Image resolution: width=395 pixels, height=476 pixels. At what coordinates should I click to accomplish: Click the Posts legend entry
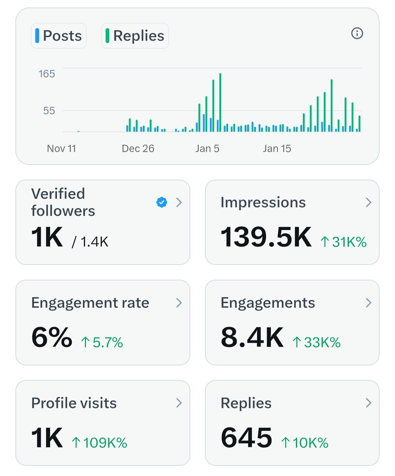click(59, 36)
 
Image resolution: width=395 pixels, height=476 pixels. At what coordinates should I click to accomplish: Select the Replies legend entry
click(135, 36)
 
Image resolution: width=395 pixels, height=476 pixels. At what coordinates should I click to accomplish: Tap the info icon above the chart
click(357, 34)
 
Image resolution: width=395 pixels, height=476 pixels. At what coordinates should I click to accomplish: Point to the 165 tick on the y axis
click(47, 74)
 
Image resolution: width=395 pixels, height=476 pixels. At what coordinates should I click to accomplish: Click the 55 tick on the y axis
click(49, 110)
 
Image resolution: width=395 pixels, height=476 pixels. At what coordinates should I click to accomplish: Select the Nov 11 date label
click(61, 148)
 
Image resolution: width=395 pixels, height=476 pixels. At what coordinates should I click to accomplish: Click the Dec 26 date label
click(138, 148)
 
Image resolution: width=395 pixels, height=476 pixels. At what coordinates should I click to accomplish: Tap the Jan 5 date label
click(207, 148)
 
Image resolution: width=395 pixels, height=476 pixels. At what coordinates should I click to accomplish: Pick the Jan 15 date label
click(277, 148)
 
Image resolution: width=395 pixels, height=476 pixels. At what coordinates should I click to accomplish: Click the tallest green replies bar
click(220, 102)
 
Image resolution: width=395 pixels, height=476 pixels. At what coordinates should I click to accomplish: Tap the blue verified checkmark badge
click(161, 203)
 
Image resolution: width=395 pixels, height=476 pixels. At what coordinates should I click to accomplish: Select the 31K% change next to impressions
click(343, 242)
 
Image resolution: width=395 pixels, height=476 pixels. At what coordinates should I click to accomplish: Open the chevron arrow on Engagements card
click(368, 303)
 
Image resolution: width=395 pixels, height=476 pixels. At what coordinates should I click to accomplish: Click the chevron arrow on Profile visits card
click(179, 403)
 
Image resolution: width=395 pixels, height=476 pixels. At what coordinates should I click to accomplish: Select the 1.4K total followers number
click(94, 242)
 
